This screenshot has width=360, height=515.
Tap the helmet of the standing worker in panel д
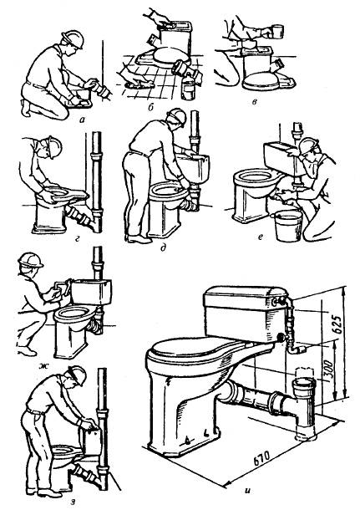pos(177,118)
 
